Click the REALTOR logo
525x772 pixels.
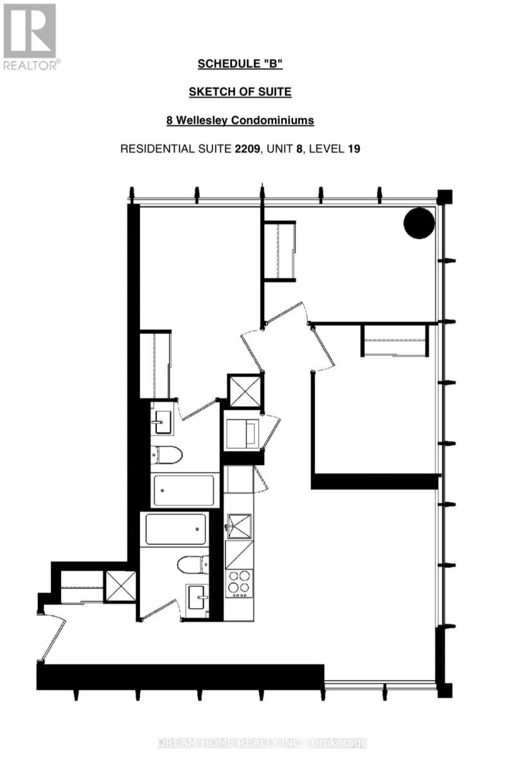tap(30, 37)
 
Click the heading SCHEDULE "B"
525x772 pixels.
tap(240, 64)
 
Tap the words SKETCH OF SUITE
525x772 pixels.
tap(240, 91)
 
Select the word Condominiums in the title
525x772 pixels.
tap(272, 120)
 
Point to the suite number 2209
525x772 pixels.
tap(247, 149)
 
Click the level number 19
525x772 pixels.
tap(354, 149)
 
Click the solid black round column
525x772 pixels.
tap(419, 223)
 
